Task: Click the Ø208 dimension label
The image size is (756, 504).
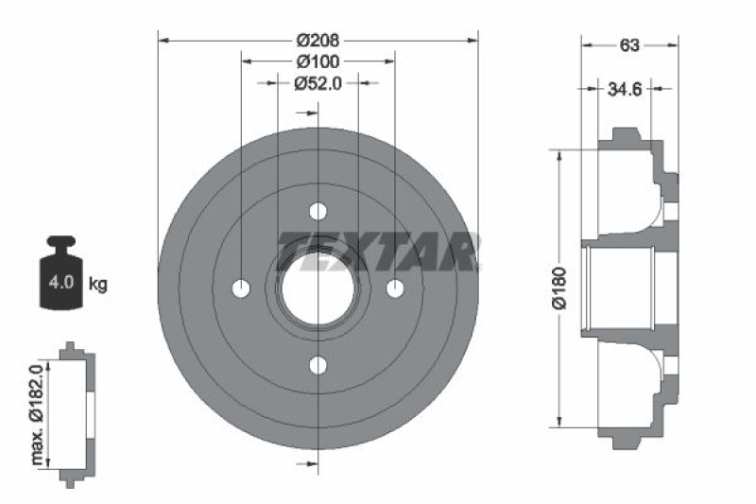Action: pyautogui.click(x=318, y=41)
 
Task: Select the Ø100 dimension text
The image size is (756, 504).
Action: pyautogui.click(x=318, y=61)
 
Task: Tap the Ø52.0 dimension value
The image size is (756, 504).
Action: pyautogui.click(x=318, y=83)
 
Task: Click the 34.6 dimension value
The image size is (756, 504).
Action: pyautogui.click(x=625, y=90)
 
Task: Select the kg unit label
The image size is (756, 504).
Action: pyautogui.click(x=97, y=284)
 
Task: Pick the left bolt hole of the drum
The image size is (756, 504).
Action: pyautogui.click(x=241, y=287)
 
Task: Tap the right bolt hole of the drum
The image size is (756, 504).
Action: pyautogui.click(x=395, y=287)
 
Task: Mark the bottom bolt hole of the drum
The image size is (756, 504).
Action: pyautogui.click(x=318, y=365)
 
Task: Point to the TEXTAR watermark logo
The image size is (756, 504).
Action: pyautogui.click(x=378, y=251)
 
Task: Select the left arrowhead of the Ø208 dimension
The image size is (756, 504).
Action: pyautogui.click(x=163, y=41)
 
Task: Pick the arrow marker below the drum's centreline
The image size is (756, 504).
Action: pyautogui.click(x=304, y=463)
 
